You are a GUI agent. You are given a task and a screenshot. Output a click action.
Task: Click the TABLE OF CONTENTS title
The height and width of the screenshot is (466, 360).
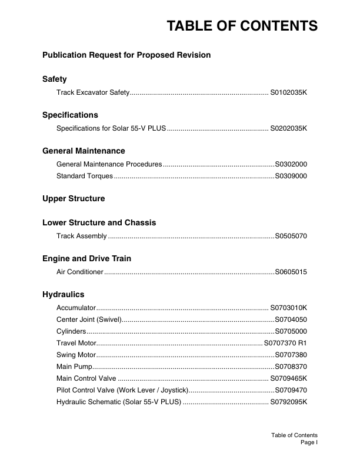pyautogui.click(x=242, y=26)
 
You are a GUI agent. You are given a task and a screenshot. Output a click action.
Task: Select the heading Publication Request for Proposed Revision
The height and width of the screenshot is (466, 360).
pyautogui.click(x=126, y=55)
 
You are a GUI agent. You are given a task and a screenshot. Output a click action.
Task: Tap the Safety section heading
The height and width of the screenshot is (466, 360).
pyautogui.click(x=55, y=79)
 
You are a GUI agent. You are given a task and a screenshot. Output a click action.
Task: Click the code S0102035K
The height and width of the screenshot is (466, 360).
pyautogui.click(x=289, y=93)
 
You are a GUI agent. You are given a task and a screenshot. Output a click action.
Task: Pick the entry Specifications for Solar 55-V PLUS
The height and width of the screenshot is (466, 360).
pyautogui.click(x=112, y=128)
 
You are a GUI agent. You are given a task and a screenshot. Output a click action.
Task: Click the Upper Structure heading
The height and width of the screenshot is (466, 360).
pyautogui.click(x=74, y=199)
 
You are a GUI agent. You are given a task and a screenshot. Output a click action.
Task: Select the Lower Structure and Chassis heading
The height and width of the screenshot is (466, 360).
pyautogui.click(x=99, y=223)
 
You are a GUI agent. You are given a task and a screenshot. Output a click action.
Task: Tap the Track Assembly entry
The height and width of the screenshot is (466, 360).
pyautogui.click(x=82, y=237)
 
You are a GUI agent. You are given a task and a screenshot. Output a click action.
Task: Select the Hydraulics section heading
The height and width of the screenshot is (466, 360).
pyautogui.click(x=64, y=294)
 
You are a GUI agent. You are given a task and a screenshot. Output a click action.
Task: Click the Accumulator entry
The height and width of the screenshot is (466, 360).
pyautogui.click(x=76, y=308)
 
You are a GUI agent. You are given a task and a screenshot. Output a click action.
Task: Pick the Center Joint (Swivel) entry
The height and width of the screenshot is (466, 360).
pyautogui.click(x=89, y=319)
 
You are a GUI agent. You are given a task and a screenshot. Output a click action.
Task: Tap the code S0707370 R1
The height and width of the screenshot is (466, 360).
pyautogui.click(x=285, y=343)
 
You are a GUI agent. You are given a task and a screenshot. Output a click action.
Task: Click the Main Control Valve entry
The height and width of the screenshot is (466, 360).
pyautogui.click(x=86, y=378)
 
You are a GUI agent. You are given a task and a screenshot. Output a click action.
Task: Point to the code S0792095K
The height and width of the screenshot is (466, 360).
pyautogui.click(x=289, y=402)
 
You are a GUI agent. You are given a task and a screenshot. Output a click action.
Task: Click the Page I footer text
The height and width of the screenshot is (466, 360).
pyautogui.click(x=309, y=442)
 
